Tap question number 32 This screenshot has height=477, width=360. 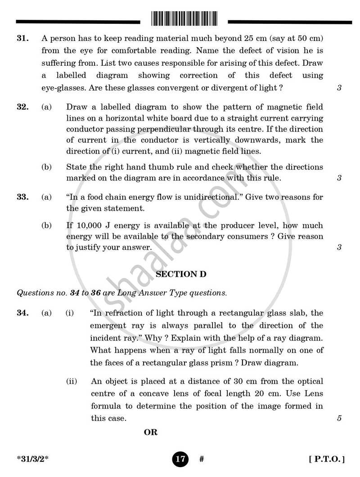(x=23, y=107)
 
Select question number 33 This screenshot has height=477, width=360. (x=23, y=197)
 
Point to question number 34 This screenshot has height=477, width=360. (x=23, y=313)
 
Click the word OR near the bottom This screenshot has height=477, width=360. (x=151, y=432)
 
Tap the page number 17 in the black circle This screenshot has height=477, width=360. (x=180, y=459)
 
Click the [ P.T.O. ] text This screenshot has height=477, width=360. (x=327, y=459)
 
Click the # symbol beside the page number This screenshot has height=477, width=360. (x=202, y=459)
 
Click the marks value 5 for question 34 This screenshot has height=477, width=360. (x=339, y=418)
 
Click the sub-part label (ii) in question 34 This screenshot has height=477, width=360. (x=72, y=381)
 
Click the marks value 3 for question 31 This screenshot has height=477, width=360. (x=339, y=88)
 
